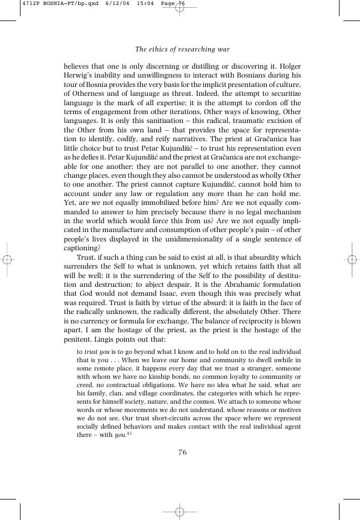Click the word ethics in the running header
coord(159,49)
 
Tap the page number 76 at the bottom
coord(182,452)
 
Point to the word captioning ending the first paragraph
coord(83,248)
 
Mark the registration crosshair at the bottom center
coord(179,512)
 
